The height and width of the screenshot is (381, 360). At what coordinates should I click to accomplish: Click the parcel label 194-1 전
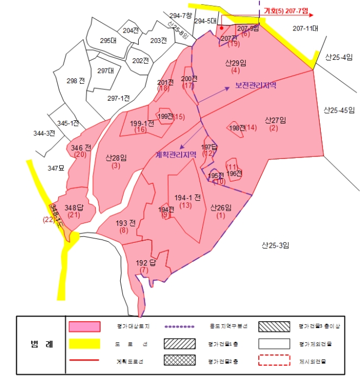click(x=188, y=196)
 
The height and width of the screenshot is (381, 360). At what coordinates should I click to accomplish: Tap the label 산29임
click(x=236, y=63)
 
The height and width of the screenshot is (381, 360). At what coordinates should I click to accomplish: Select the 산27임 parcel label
click(x=276, y=120)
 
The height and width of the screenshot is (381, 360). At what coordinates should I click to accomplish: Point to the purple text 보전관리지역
click(x=256, y=85)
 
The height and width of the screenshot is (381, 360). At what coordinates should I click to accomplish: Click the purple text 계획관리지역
click(x=176, y=154)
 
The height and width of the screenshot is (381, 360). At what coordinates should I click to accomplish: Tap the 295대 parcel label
click(x=108, y=40)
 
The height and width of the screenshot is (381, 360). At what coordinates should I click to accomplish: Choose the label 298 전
click(x=76, y=81)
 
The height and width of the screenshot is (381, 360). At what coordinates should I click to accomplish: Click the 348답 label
click(x=75, y=207)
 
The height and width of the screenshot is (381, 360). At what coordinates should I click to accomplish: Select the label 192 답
click(x=146, y=263)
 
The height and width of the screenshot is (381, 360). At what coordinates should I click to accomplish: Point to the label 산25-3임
click(x=275, y=245)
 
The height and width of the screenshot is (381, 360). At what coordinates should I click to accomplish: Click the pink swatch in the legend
click(x=84, y=325)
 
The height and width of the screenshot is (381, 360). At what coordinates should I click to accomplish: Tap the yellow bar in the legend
click(x=84, y=343)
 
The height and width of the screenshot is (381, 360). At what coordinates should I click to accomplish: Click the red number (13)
click(x=185, y=205)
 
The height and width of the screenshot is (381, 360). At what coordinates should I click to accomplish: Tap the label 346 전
click(x=80, y=148)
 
